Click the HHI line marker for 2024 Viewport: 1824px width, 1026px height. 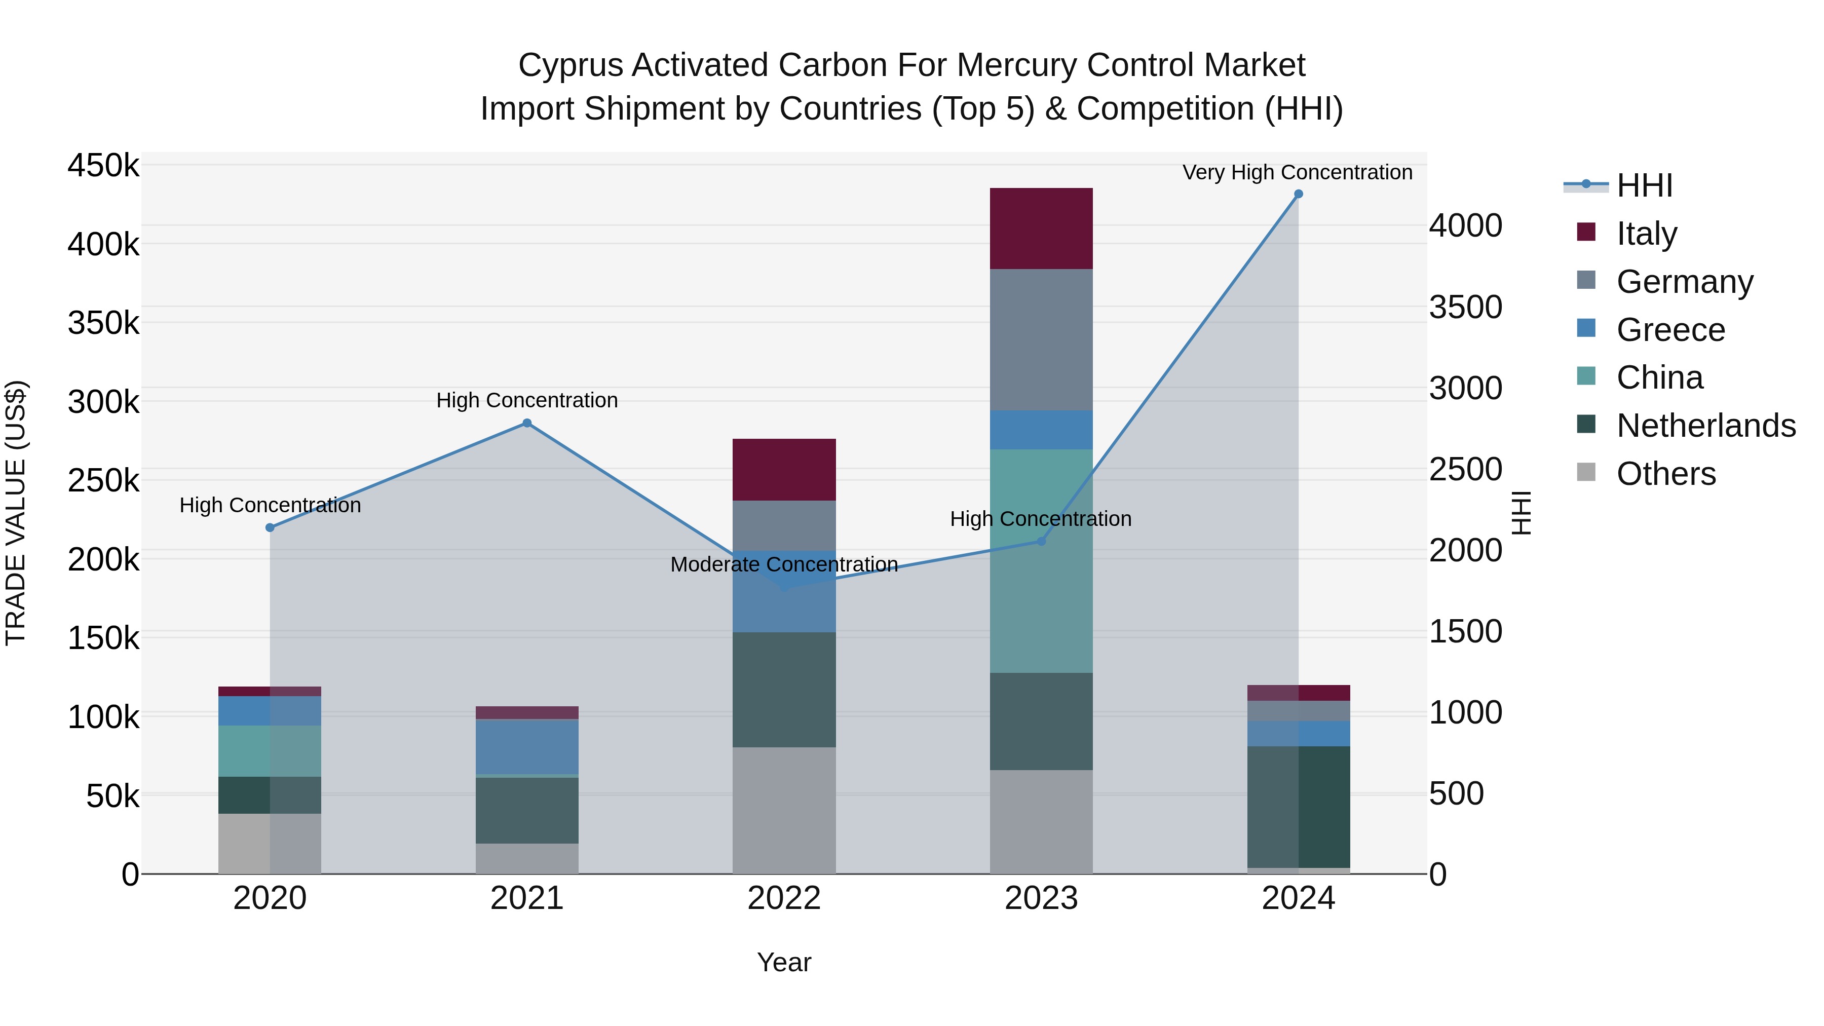[1298, 194]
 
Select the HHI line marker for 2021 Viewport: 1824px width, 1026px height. [527, 424]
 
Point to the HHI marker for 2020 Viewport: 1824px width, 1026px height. [270, 527]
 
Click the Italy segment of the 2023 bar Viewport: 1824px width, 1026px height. [1041, 229]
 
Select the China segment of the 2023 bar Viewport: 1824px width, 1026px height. [1041, 561]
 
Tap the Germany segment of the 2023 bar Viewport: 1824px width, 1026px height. [1041, 340]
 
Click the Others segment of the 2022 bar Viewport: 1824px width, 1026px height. [784, 810]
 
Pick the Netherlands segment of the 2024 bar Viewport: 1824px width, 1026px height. [1298, 807]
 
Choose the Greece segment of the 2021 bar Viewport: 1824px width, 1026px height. [527, 746]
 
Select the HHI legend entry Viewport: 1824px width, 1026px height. [1644, 185]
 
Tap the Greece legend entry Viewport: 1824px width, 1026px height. [1670, 330]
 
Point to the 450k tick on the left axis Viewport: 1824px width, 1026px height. [103, 166]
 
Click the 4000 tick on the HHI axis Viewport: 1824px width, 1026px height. [1465, 226]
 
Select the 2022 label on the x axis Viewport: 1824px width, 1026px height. [784, 898]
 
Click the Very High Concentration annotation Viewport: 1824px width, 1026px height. [1297, 172]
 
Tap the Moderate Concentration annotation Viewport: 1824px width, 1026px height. [784, 564]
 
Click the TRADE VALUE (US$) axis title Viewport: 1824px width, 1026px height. [16, 513]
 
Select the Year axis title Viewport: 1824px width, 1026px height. [784, 962]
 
